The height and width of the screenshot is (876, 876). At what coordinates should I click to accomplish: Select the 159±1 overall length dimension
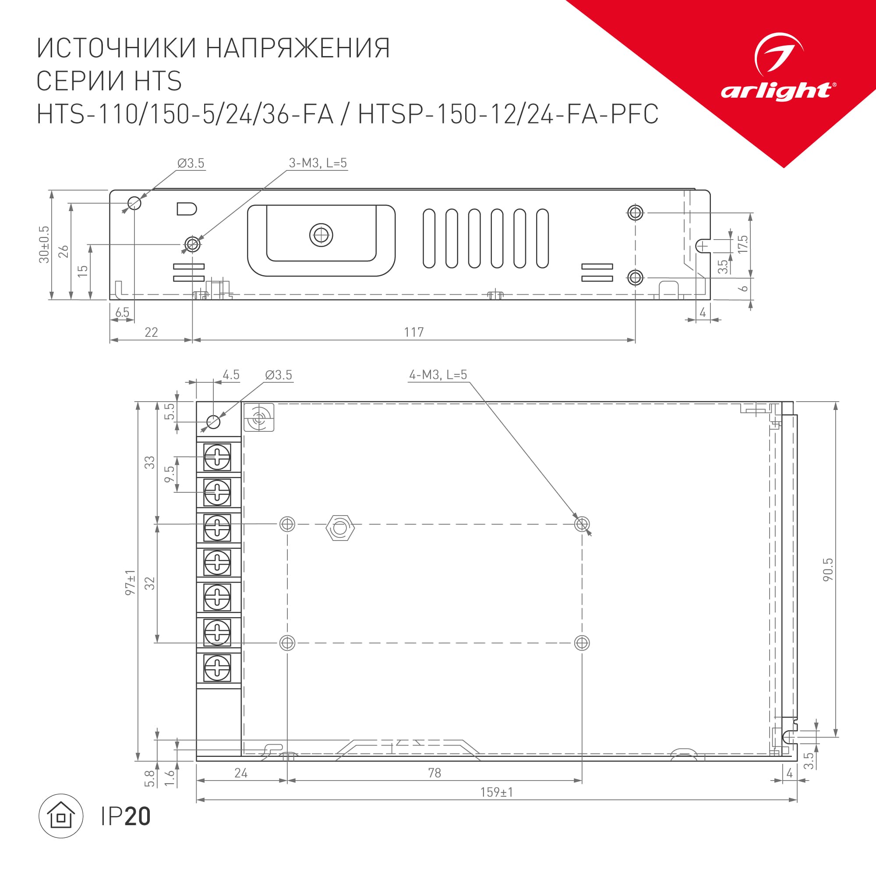pyautogui.click(x=497, y=792)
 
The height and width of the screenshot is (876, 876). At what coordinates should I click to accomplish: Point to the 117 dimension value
pyautogui.click(x=413, y=332)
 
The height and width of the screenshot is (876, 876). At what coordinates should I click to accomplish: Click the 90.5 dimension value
pyautogui.click(x=827, y=570)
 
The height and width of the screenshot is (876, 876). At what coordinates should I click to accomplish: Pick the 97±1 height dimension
pyautogui.click(x=130, y=582)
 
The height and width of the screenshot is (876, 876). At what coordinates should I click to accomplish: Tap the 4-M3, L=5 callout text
pyautogui.click(x=438, y=375)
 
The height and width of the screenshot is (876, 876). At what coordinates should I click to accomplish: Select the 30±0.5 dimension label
pyautogui.click(x=44, y=244)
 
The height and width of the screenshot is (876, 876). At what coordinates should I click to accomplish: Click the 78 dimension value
pyautogui.click(x=434, y=773)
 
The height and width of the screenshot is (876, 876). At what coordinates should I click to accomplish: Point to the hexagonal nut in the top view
pyautogui.click(x=340, y=527)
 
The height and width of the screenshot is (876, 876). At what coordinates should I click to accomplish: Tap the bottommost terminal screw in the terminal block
pyautogui.click(x=217, y=668)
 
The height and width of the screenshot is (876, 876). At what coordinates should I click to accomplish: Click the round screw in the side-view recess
pyautogui.click(x=321, y=235)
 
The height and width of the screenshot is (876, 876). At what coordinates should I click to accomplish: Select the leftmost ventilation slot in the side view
pyautogui.click(x=429, y=238)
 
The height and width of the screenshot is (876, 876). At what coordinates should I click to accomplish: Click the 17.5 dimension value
pyautogui.click(x=742, y=244)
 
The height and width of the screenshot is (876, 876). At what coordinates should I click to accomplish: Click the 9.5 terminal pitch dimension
pyautogui.click(x=169, y=474)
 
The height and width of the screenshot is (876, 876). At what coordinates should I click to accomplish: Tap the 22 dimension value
pyautogui.click(x=151, y=332)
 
